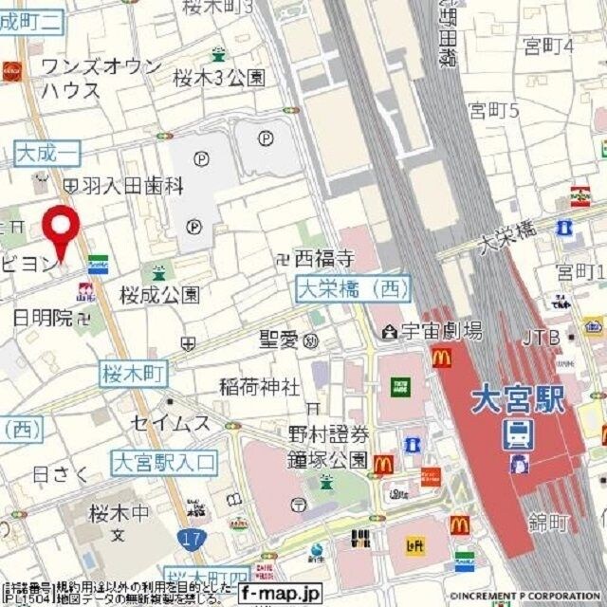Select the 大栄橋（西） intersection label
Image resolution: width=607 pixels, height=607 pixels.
[353, 287]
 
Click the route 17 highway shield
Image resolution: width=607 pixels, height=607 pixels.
[190, 538]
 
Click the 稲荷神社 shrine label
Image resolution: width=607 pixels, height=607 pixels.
[259, 387]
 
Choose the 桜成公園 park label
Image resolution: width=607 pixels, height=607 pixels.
[159, 294]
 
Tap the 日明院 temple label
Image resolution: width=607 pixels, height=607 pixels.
[43, 318]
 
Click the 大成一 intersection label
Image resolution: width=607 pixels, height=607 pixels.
[47, 152]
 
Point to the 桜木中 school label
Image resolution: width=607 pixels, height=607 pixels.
[119, 513]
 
